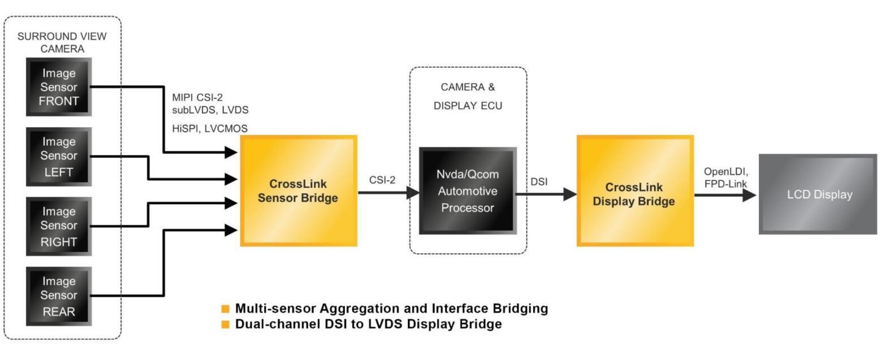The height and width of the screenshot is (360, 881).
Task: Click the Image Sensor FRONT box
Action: (58, 86)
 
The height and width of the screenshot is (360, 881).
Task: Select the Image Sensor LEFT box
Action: (58, 156)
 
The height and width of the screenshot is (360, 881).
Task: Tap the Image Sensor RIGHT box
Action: (58, 226)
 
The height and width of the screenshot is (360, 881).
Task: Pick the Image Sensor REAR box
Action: (58, 296)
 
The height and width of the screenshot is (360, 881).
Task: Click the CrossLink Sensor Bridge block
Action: (299, 190)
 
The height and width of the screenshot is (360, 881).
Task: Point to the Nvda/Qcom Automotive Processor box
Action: (468, 191)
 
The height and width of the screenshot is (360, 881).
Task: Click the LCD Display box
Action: (819, 194)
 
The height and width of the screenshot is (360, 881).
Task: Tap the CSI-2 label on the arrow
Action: (382, 180)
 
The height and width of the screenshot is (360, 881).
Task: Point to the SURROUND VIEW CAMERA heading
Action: (62, 42)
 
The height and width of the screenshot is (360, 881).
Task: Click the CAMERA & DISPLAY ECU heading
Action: (468, 96)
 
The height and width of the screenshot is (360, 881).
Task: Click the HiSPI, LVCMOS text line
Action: (210, 128)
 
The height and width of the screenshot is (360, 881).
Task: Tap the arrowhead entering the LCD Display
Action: (749, 195)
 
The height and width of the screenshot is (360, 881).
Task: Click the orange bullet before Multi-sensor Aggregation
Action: (226, 309)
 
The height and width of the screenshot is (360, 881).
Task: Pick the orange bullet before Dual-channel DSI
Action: (226, 324)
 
